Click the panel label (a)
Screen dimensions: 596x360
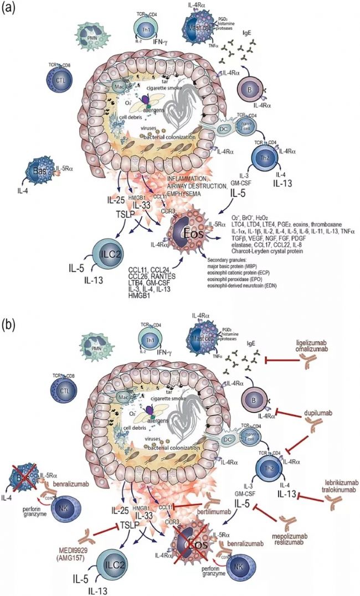coord(9,9)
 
